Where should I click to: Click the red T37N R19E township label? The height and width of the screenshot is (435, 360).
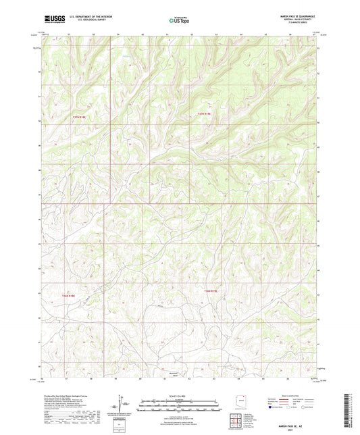pyautogui.click(x=205, y=114)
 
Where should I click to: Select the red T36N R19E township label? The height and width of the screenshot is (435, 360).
pyautogui.click(x=210, y=291)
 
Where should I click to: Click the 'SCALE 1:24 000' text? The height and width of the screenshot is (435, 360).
pyautogui.click(x=179, y=395)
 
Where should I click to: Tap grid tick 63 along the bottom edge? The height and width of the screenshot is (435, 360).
pyautogui.click(x=214, y=379)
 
